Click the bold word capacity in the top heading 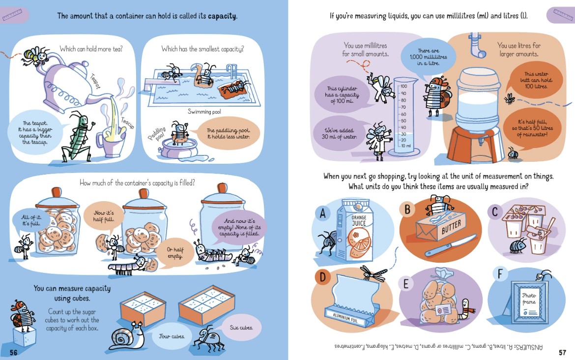(x=222, y=16)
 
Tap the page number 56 (x=14, y=353)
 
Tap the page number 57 (x=562, y=352)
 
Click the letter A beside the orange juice (x=323, y=213)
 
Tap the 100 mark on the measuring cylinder (x=403, y=86)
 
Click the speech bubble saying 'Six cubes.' (x=241, y=328)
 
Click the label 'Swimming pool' (x=204, y=112)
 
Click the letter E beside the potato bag (x=405, y=284)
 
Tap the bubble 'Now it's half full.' (x=104, y=216)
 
